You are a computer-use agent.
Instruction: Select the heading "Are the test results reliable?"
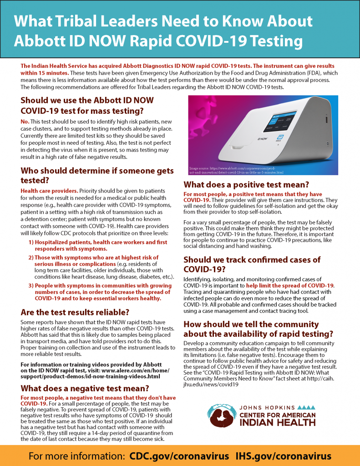tap(76, 312)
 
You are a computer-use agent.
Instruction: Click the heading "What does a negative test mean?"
tap(86, 388)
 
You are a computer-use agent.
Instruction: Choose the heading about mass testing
tap(87, 105)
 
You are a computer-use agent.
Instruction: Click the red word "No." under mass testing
tap(25, 122)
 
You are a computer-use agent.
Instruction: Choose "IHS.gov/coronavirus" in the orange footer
tap(283, 456)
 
